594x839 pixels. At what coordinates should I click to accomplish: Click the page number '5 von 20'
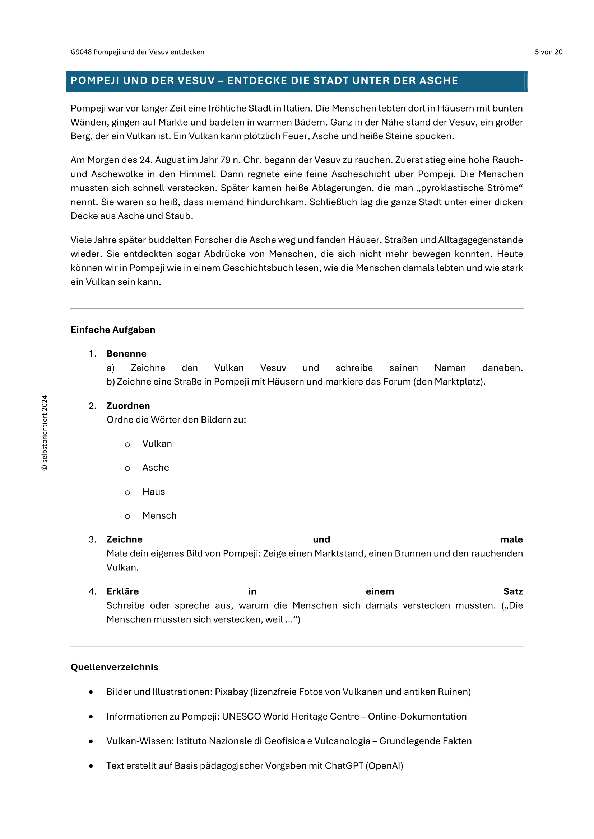548,52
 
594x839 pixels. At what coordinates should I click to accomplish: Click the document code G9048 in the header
81,52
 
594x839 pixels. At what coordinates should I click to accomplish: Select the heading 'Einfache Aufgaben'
113,330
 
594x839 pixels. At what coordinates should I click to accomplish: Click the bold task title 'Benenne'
126,353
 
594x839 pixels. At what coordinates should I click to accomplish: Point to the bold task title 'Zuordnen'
128,406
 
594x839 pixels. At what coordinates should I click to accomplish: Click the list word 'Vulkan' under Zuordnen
157,444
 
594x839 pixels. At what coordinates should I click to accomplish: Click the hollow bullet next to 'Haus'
127,492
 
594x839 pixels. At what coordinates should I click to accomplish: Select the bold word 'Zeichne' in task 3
124,539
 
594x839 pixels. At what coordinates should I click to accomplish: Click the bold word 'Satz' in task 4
513,591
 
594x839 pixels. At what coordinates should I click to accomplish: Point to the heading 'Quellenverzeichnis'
114,667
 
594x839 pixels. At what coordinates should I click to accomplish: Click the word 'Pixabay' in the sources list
231,692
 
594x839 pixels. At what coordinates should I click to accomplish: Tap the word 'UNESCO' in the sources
241,716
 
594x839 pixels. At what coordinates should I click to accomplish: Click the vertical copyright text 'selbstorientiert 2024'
44,433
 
